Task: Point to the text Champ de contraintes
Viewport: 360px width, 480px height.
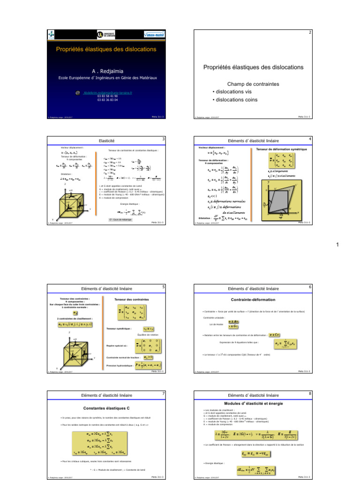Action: [253, 84]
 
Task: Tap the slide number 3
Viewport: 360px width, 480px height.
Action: [163, 139]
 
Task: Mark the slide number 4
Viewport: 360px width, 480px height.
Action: [310, 139]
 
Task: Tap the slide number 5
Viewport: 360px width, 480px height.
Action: [163, 287]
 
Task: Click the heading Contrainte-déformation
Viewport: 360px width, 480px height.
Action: [253, 299]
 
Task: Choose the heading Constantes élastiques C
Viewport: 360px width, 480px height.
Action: [106, 408]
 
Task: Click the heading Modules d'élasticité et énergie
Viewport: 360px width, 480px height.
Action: [253, 403]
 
